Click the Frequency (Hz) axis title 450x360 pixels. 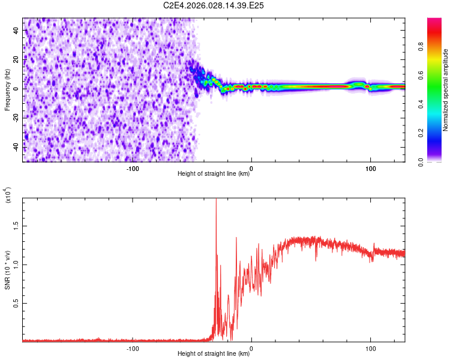point(7,90)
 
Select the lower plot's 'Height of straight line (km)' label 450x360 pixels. point(214,353)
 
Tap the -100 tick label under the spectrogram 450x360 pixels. point(133,169)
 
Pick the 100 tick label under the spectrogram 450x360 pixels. point(371,169)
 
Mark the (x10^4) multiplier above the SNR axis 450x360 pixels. point(8,196)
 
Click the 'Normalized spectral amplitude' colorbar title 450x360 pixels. point(446,90)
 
